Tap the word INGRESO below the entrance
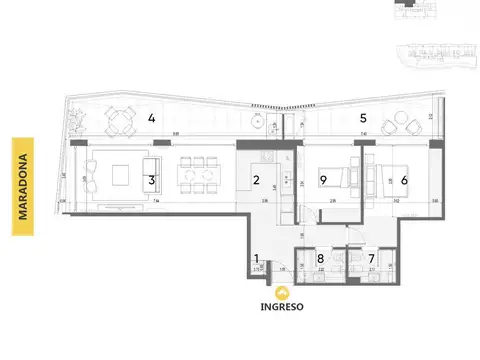(x=284, y=306)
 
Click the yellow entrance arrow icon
(x=284, y=292)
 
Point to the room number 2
(x=256, y=180)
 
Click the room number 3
(x=150, y=180)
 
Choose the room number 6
(x=404, y=180)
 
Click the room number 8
(x=320, y=259)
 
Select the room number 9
(x=323, y=180)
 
